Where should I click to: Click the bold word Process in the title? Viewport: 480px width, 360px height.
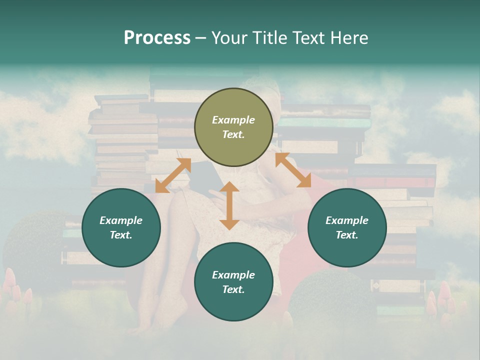point(157,37)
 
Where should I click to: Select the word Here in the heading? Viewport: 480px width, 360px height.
point(348,37)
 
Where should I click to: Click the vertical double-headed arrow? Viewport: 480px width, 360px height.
point(229,205)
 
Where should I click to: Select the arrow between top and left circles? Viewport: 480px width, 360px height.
point(173,175)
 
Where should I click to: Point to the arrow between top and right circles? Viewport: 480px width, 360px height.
point(293,170)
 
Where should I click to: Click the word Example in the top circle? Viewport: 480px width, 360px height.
point(233,120)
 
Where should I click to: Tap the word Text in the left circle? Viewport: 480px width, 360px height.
point(121,235)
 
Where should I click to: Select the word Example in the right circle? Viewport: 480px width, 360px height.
point(347,220)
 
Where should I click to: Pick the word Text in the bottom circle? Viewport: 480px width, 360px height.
point(233,289)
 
